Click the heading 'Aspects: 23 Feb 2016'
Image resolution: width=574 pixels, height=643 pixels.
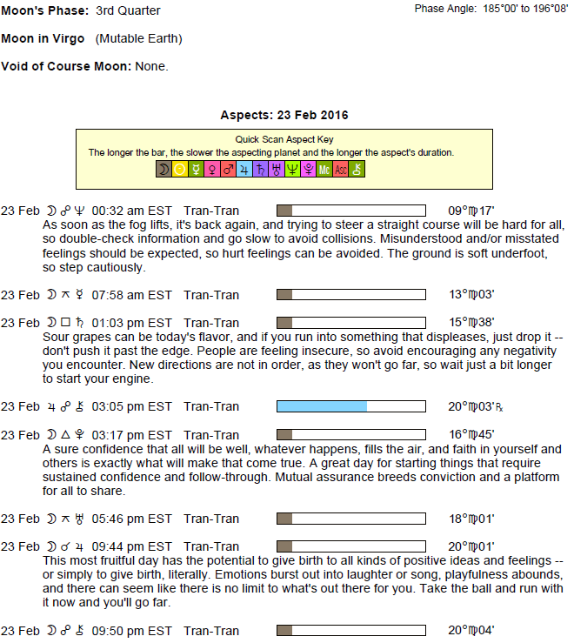tap(284, 115)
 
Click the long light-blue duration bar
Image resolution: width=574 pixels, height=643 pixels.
tap(322, 406)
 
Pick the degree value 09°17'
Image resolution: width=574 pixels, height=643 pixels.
tap(471, 211)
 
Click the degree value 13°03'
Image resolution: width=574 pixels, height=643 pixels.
tap(471, 295)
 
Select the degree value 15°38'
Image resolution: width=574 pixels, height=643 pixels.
tap(471, 323)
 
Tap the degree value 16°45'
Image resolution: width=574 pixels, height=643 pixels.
tap(471, 434)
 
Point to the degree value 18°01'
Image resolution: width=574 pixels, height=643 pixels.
tap(471, 519)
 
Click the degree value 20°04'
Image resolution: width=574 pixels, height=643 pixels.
tap(471, 630)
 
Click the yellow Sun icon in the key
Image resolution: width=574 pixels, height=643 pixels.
tap(179, 171)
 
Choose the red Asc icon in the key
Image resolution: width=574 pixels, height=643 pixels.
tap(341, 171)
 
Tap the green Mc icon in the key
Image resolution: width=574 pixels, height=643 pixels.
tap(324, 171)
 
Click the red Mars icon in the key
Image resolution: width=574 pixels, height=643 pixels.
tap(228, 171)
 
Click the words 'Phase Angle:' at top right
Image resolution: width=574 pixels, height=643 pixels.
tap(444, 9)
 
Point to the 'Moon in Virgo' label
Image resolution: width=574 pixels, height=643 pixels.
tap(43, 39)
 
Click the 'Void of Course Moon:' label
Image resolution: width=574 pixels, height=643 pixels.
tap(66, 67)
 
